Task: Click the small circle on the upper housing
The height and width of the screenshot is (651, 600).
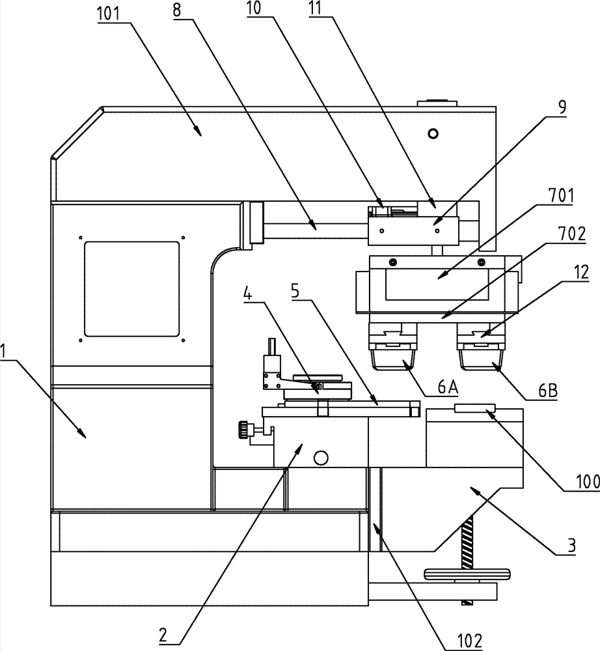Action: tap(431, 133)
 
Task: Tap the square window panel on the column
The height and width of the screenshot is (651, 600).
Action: tap(131, 288)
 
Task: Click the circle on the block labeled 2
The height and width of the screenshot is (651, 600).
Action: tap(319, 458)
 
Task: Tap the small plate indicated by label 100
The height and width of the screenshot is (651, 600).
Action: tap(474, 408)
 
